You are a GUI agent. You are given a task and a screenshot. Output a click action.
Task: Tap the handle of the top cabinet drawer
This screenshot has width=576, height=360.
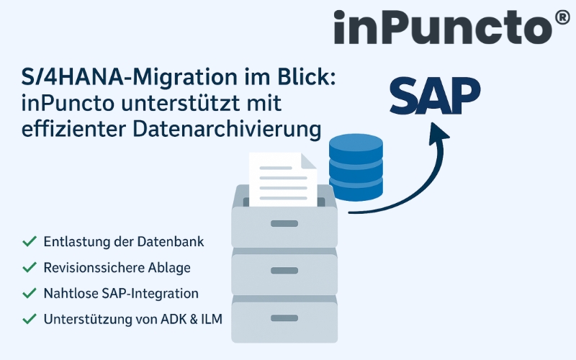(x=284, y=223)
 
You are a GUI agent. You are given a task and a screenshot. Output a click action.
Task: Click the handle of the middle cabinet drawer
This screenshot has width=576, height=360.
(x=284, y=271)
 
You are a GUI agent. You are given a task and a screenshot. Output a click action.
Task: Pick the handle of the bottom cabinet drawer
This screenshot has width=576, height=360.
(x=284, y=318)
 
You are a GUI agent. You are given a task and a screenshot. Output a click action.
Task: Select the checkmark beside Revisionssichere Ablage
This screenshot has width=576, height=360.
(x=30, y=268)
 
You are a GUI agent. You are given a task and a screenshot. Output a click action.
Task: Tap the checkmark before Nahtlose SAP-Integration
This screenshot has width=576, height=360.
(x=30, y=293)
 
